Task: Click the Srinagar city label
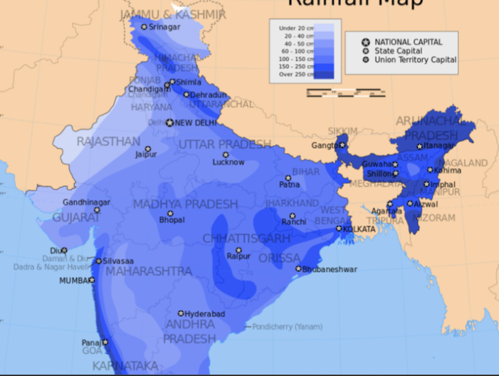pos(164,26)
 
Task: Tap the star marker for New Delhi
pos(169,122)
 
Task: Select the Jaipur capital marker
pos(148,149)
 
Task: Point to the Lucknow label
pos(229,162)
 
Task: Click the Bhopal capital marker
pos(170,213)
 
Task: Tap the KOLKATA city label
pos(359,229)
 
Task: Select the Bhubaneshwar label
pos(330,269)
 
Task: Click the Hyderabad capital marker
pos(181,313)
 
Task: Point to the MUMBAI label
pos(75,281)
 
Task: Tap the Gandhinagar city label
pos(86,202)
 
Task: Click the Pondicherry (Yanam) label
pos(286,326)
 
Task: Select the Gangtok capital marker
pos(342,145)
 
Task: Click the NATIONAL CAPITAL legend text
pos(408,42)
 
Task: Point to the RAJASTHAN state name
pos(108,142)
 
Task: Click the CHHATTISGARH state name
pos(246,238)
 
